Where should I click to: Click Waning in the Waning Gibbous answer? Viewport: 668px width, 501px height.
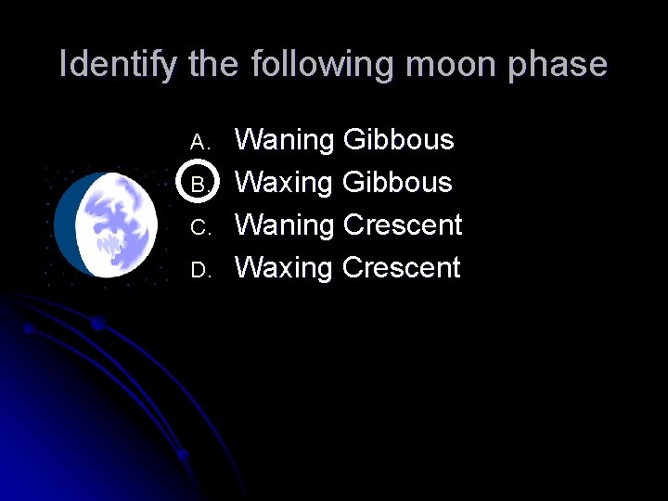(x=285, y=140)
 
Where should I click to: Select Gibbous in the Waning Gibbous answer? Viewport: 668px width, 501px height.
(x=398, y=140)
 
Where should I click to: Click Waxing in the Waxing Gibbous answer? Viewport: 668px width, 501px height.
(x=284, y=182)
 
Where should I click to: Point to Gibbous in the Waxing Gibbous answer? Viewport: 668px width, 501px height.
(x=397, y=182)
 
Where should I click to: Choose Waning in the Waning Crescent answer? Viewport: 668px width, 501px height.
(x=285, y=225)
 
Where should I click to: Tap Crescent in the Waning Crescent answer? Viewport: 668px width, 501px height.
(x=402, y=225)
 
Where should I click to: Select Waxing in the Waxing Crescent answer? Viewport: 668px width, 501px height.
(x=284, y=267)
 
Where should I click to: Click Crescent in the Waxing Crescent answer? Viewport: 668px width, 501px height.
(x=401, y=267)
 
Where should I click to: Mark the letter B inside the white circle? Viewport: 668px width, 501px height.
(x=197, y=184)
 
